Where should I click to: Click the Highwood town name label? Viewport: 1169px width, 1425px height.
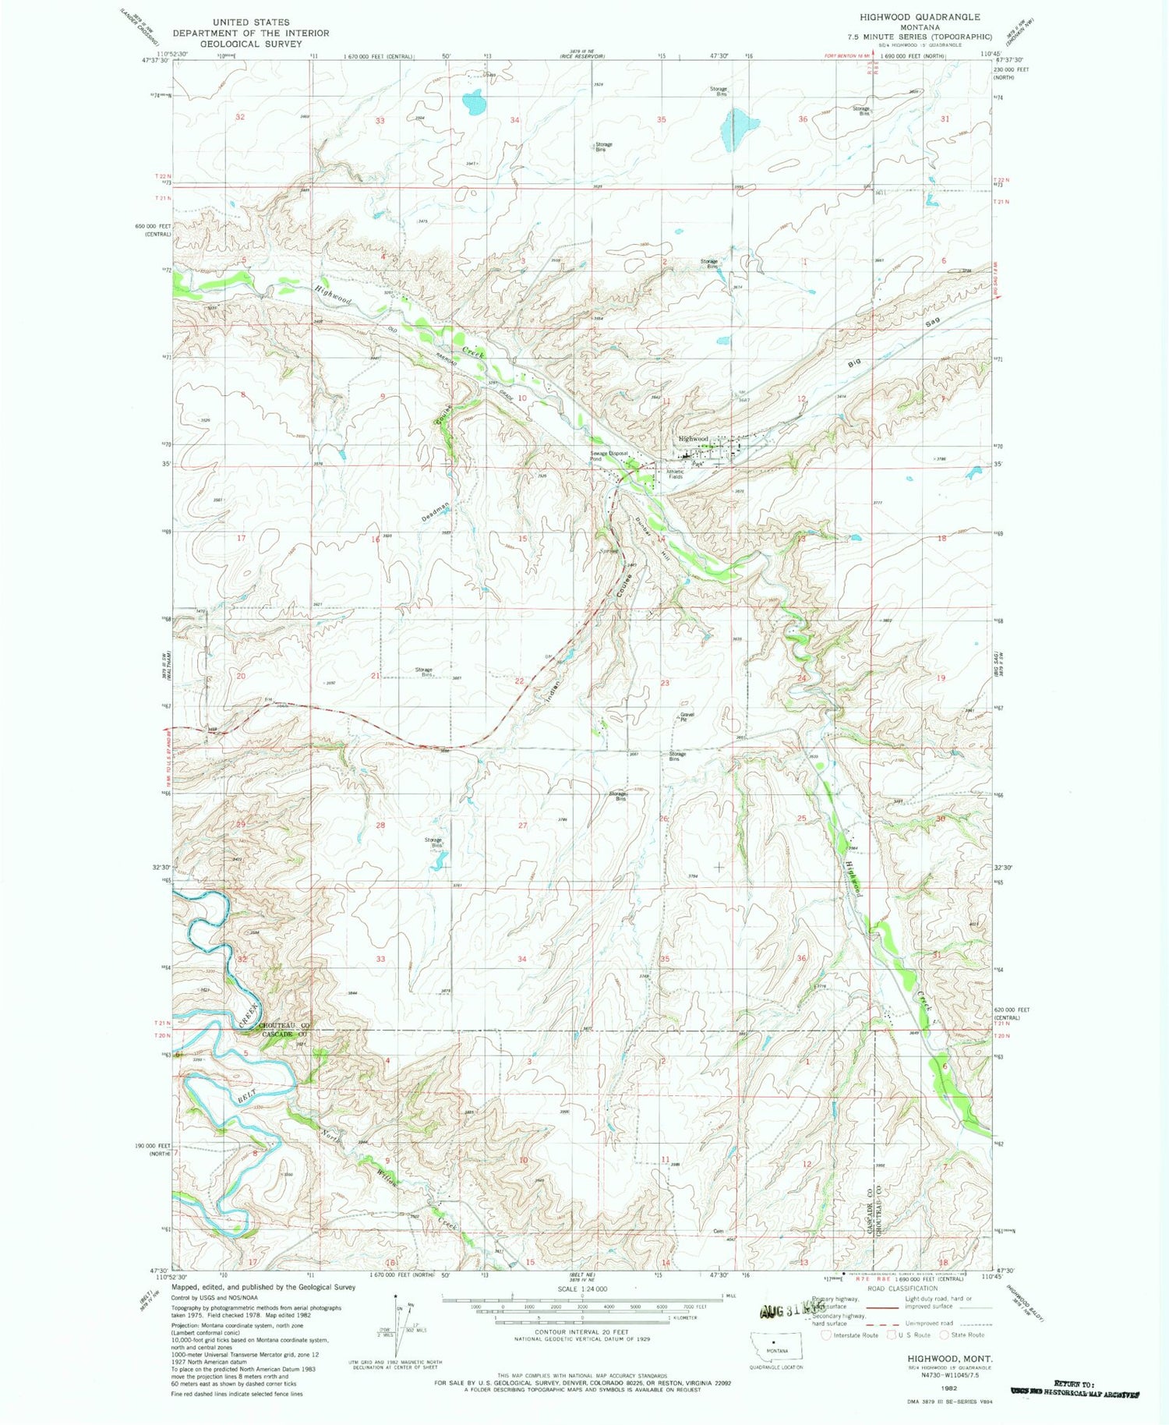(x=693, y=439)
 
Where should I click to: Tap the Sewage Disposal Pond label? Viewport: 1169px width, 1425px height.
(x=608, y=456)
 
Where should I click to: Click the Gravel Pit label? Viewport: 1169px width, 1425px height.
(x=687, y=716)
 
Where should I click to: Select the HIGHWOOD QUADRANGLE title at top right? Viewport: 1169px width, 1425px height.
(x=920, y=16)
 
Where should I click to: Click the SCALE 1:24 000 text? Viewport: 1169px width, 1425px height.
(x=581, y=1289)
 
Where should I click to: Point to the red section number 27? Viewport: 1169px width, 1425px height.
(x=523, y=825)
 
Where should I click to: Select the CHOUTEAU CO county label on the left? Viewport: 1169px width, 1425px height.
(x=285, y=1026)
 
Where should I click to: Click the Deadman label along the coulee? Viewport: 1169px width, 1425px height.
(x=436, y=512)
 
